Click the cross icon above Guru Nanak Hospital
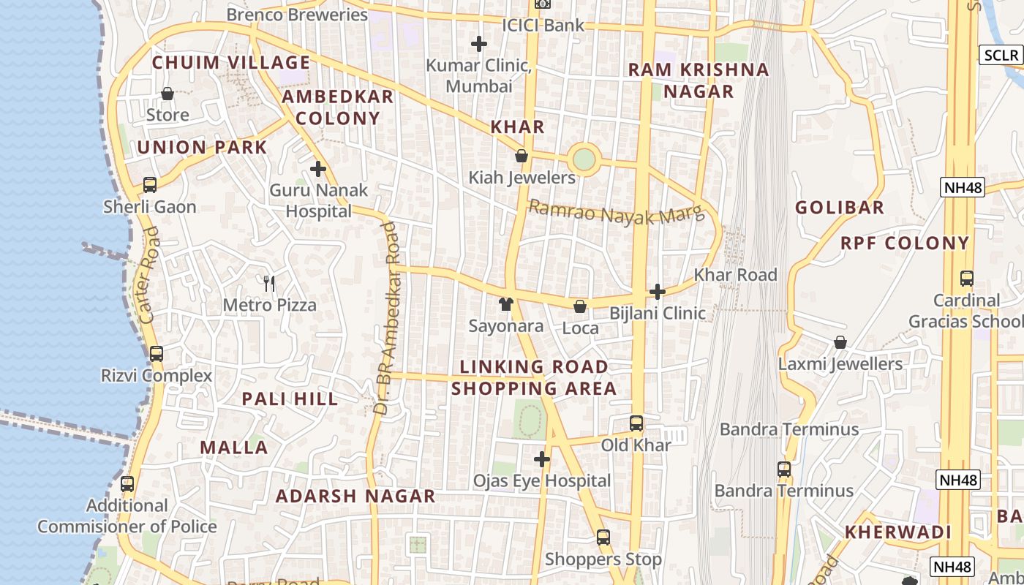tap(318, 170)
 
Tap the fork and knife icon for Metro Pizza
tap(269, 283)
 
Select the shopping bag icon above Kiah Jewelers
tap(522, 156)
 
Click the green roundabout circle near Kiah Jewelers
tap(584, 159)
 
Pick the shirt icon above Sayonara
tap(505, 304)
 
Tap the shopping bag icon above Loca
tap(580, 306)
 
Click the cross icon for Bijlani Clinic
tap(658, 292)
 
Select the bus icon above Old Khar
tap(636, 423)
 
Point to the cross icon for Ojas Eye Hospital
tap(541, 459)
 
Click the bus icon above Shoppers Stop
tap(603, 537)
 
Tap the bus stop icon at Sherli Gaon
tap(150, 185)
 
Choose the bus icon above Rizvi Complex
tap(156, 355)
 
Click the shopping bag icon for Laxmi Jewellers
tap(840, 342)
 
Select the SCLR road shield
tap(1001, 56)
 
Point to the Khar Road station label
tap(735, 275)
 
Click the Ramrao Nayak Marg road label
tap(615, 213)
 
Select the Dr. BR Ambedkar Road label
tap(387, 318)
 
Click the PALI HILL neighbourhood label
tap(290, 399)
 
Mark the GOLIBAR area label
tap(840, 208)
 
